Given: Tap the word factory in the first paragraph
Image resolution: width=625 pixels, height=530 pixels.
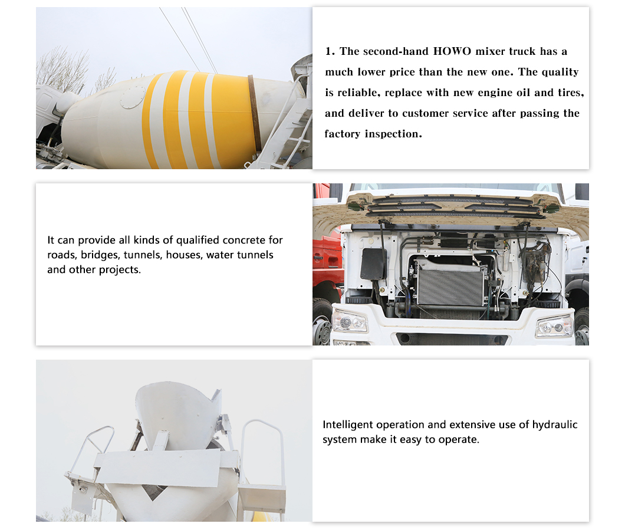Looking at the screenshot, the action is [343, 134].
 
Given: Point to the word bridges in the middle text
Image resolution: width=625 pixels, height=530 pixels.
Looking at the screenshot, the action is [100, 255].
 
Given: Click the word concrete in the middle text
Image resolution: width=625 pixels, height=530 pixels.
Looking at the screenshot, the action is [244, 240].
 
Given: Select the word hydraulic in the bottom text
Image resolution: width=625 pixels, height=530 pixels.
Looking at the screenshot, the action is [555, 425].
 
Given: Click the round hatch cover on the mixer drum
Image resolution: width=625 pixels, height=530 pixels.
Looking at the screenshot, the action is [133, 97].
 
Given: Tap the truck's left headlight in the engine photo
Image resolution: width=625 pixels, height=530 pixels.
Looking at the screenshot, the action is [350, 321].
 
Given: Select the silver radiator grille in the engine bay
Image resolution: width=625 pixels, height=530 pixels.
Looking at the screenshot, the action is [451, 287].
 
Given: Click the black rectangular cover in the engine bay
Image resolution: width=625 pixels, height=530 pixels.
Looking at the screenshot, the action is [373, 264].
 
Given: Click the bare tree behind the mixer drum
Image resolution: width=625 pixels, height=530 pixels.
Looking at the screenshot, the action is [63, 70].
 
